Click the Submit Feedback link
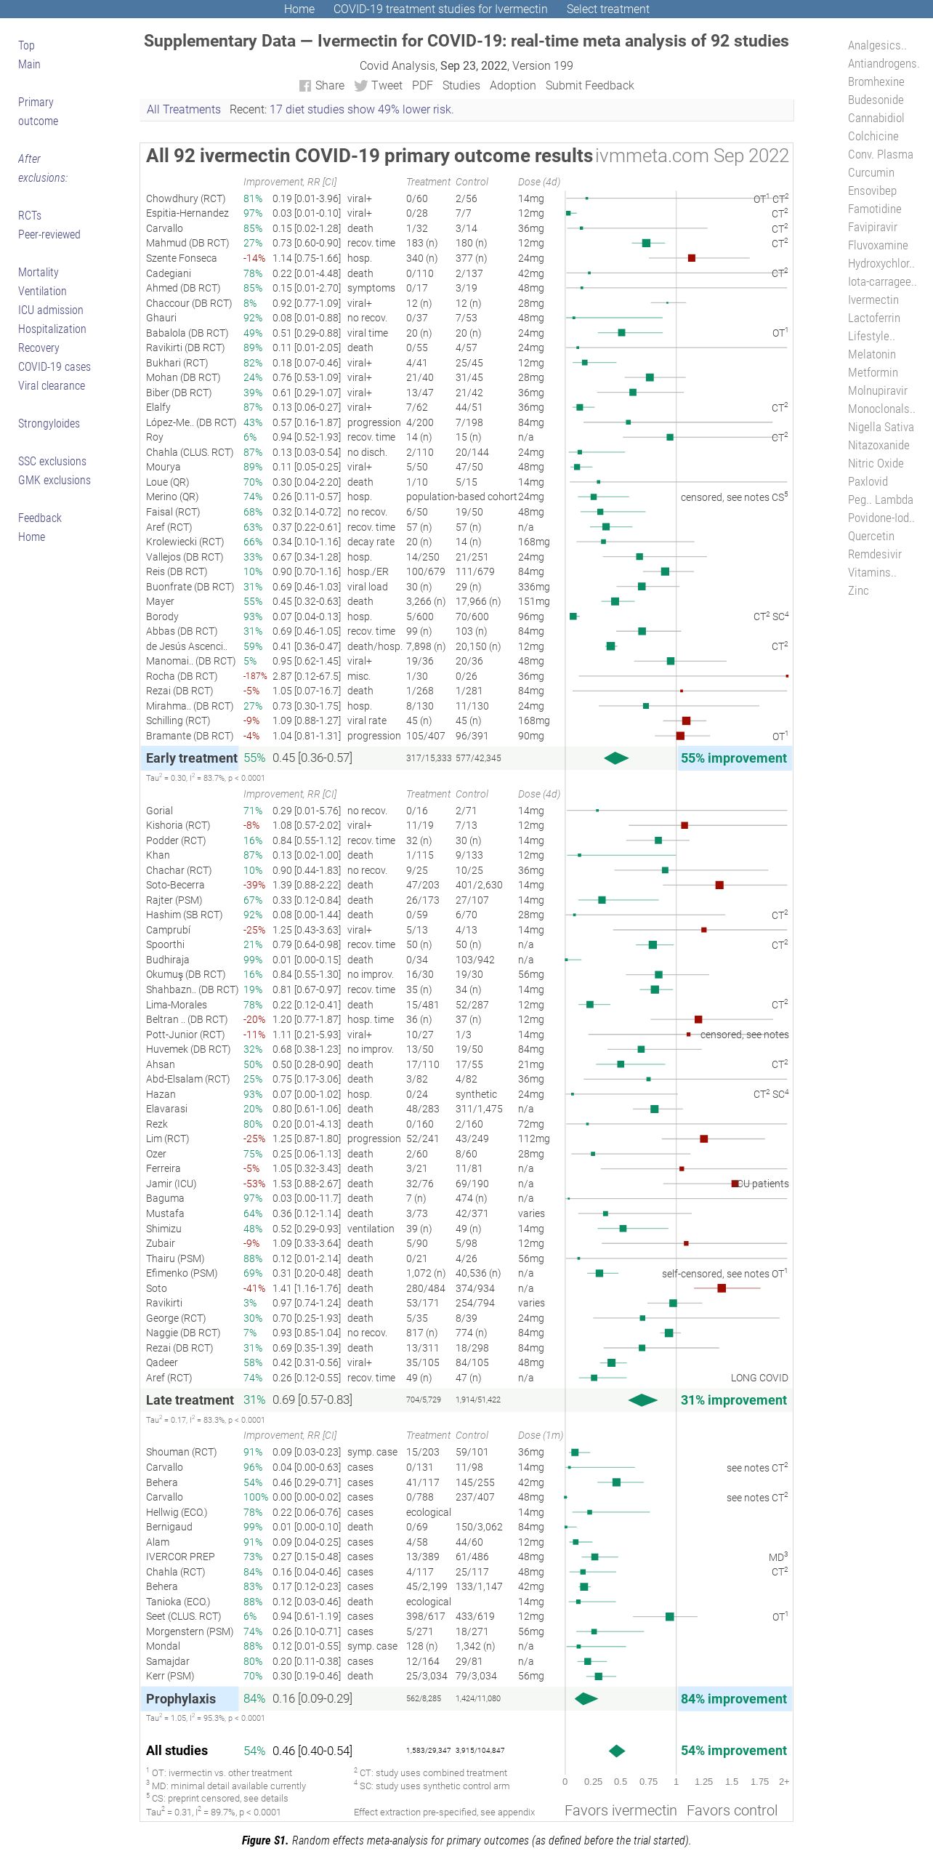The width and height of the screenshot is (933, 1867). pyautogui.click(x=589, y=86)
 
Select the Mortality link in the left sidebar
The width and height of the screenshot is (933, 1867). pyautogui.click(x=39, y=273)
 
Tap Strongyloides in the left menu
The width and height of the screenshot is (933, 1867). pyautogui.click(x=49, y=424)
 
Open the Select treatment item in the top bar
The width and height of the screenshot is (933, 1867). pyautogui.click(x=608, y=9)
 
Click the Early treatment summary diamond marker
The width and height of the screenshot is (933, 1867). pyautogui.click(x=616, y=758)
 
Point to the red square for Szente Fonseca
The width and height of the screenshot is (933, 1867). pyautogui.click(x=692, y=258)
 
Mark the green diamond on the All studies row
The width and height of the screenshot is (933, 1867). pyautogui.click(x=617, y=1751)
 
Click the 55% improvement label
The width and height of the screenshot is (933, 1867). pyautogui.click(x=734, y=758)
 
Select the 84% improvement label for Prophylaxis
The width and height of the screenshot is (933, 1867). pyautogui.click(x=734, y=1699)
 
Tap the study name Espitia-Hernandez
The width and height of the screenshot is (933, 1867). pyautogui.click(x=187, y=214)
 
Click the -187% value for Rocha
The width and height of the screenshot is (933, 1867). pyautogui.click(x=255, y=676)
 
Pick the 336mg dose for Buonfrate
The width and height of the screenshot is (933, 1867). pyautogui.click(x=534, y=587)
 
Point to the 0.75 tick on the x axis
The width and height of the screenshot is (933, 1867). pyautogui.click(x=648, y=1782)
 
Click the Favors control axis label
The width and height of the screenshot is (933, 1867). pyautogui.click(x=732, y=1810)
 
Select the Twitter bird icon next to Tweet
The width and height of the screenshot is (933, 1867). pyautogui.click(x=360, y=86)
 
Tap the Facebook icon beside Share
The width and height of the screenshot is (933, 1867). pyautogui.click(x=305, y=86)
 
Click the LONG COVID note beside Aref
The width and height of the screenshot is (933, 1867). pyautogui.click(x=759, y=1378)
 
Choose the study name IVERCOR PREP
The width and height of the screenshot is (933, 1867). pyautogui.click(x=180, y=1557)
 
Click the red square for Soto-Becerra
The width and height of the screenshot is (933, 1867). pyautogui.click(x=719, y=885)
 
